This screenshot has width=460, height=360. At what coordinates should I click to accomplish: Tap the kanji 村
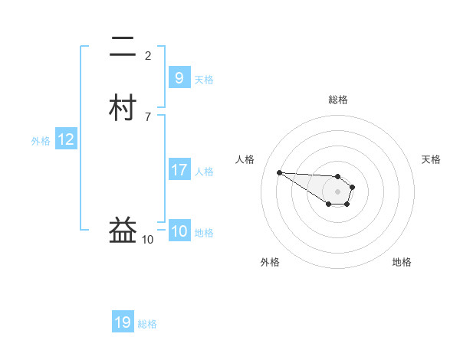pyautogui.click(x=123, y=108)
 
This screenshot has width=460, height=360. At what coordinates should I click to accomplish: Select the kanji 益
pyautogui.click(x=123, y=229)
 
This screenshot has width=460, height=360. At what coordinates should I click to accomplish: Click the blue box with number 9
pyautogui.click(x=179, y=77)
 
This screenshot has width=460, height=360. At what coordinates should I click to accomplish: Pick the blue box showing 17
pyautogui.click(x=179, y=170)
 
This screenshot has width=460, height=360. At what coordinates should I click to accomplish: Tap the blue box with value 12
pyautogui.click(x=66, y=139)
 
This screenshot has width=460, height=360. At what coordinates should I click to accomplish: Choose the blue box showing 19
pyautogui.click(x=123, y=322)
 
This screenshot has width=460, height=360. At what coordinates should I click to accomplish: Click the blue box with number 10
pyautogui.click(x=179, y=231)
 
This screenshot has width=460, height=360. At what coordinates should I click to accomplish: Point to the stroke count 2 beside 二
pyautogui.click(x=148, y=55)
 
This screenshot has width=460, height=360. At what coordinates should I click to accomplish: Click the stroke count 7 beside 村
pyautogui.click(x=148, y=116)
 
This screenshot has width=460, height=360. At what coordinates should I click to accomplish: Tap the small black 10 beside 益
pyautogui.click(x=147, y=240)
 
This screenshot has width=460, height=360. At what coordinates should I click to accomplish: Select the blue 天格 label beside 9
pyautogui.click(x=204, y=79)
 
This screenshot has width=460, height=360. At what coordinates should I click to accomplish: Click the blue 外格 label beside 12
pyautogui.click(x=40, y=141)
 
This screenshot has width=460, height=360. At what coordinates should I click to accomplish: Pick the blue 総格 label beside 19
pyautogui.click(x=147, y=324)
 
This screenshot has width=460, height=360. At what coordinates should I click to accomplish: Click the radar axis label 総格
pyautogui.click(x=337, y=100)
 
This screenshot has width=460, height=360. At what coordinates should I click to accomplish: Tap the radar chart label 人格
pyautogui.click(x=245, y=159)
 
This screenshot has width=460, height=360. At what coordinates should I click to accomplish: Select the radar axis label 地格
pyautogui.click(x=402, y=262)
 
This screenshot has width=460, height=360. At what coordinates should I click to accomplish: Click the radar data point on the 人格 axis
pyautogui.click(x=279, y=172)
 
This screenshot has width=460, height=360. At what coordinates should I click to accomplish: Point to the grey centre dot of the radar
pyautogui.click(x=337, y=191)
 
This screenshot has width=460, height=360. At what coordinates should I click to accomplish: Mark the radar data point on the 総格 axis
pyautogui.click(x=337, y=176)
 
